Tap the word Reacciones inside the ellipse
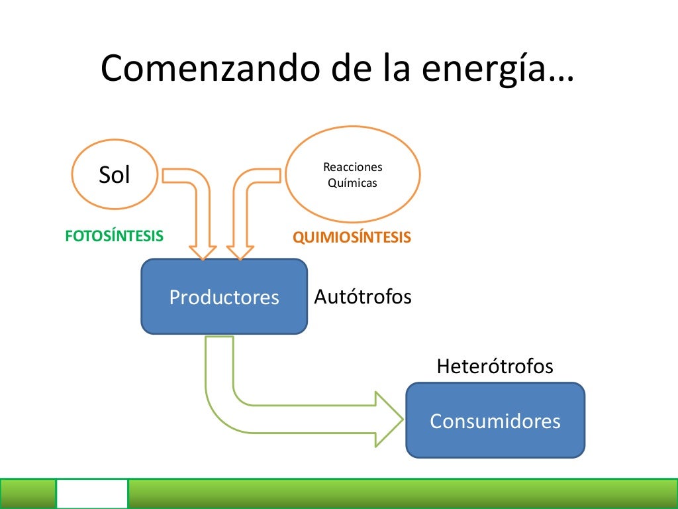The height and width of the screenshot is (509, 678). pyautogui.click(x=352, y=167)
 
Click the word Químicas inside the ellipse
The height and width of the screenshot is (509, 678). pyautogui.click(x=352, y=182)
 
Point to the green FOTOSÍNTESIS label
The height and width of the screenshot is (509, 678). pyautogui.click(x=114, y=236)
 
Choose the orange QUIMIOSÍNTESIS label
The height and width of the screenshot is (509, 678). pyautogui.click(x=352, y=237)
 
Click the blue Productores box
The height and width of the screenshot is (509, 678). pyautogui.click(x=224, y=296)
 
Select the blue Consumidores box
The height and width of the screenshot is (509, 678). pyautogui.click(x=495, y=420)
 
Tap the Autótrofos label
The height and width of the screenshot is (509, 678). pyautogui.click(x=362, y=296)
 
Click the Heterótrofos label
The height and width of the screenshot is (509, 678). pyautogui.click(x=495, y=366)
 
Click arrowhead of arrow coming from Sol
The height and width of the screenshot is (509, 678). pyautogui.click(x=203, y=252)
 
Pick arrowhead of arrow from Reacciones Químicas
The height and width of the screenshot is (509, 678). pyautogui.click(x=240, y=252)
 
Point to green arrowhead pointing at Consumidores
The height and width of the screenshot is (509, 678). pyautogui.click(x=389, y=419)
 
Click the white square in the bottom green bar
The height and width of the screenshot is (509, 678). pyautogui.click(x=91, y=494)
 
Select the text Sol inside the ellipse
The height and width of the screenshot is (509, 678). pyautogui.click(x=114, y=175)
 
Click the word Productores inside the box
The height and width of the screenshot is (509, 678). pyautogui.click(x=224, y=297)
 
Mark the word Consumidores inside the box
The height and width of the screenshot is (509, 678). pyautogui.click(x=495, y=421)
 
